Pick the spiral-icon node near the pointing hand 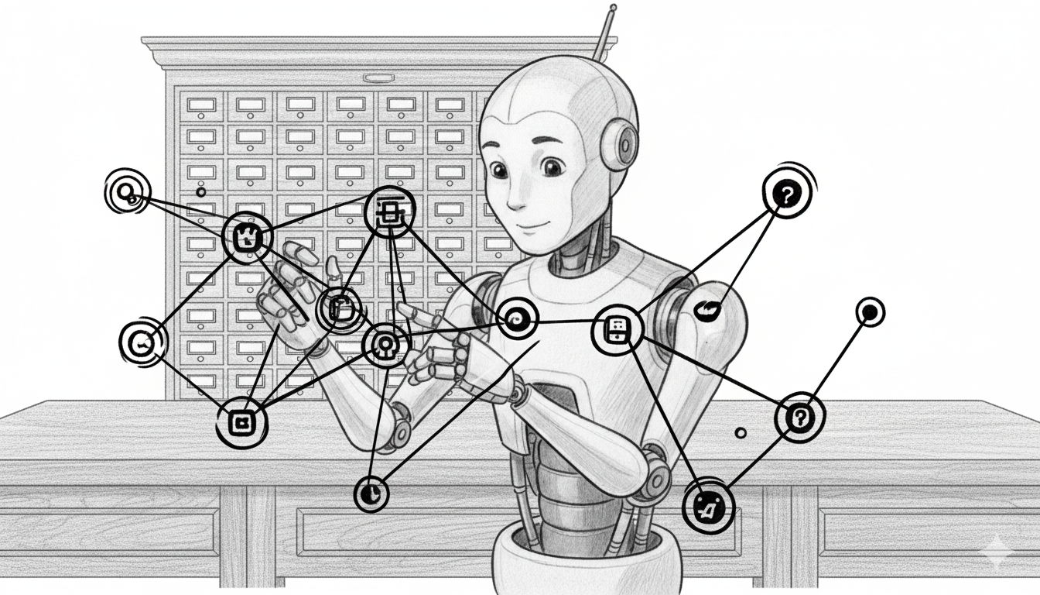coord(516,318)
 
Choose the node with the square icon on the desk coord(241,422)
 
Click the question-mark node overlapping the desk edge coord(799,418)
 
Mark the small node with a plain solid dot coord(870,312)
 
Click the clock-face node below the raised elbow coord(371,493)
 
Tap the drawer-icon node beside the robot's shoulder coord(617,331)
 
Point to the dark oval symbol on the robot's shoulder coord(708,311)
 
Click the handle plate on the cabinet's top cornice coord(378,78)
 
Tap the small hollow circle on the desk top coord(741,433)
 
